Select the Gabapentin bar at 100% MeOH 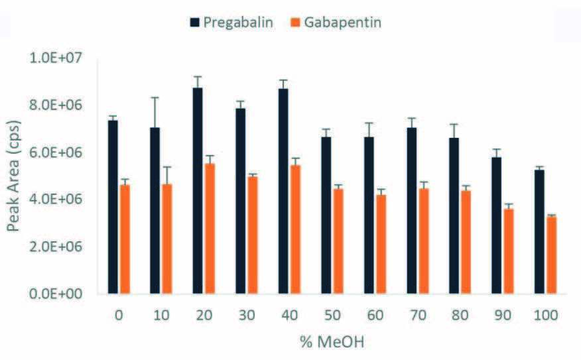(x=550, y=255)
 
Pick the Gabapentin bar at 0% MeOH (x=123, y=239)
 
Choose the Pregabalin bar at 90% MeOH (x=497, y=225)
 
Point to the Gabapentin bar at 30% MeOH (x=252, y=235)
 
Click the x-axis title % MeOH (x=332, y=342)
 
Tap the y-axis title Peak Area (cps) (x=14, y=176)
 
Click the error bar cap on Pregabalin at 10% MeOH (x=155, y=97)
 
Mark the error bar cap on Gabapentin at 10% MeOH (x=166, y=167)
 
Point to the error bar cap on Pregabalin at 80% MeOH (x=454, y=124)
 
